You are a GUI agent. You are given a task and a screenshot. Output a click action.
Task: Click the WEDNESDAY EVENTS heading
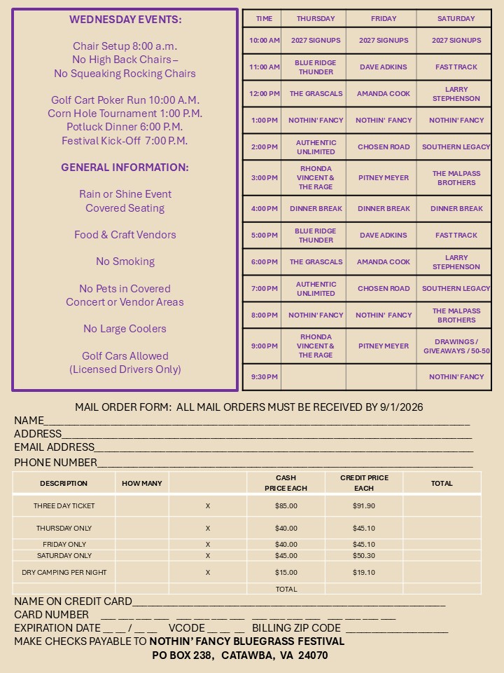pyautogui.click(x=125, y=20)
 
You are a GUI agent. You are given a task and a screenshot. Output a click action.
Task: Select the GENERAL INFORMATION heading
pyautogui.click(x=125, y=168)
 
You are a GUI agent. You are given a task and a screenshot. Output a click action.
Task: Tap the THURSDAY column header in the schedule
pyautogui.click(x=316, y=19)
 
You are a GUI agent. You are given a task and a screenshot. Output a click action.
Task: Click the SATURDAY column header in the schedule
pyautogui.click(x=456, y=19)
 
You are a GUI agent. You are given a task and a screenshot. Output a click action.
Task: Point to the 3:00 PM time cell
pyautogui.click(x=265, y=178)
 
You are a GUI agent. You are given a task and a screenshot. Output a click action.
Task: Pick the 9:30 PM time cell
pyautogui.click(x=265, y=377)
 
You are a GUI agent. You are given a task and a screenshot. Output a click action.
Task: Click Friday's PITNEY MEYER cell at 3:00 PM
pyautogui.click(x=384, y=178)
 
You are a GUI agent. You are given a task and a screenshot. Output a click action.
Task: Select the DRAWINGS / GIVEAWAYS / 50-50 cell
pyautogui.click(x=456, y=346)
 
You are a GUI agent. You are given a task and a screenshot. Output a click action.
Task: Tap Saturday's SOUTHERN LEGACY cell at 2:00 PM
pyautogui.click(x=456, y=147)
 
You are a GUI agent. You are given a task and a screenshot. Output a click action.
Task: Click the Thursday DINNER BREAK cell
pyautogui.click(x=316, y=209)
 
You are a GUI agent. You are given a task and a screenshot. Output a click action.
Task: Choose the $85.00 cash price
pyautogui.click(x=286, y=506)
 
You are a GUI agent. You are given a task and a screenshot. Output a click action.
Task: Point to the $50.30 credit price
pyautogui.click(x=364, y=556)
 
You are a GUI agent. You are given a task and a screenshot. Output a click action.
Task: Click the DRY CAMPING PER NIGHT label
pyautogui.click(x=64, y=573)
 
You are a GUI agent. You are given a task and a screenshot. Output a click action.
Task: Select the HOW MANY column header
pyautogui.click(x=142, y=484)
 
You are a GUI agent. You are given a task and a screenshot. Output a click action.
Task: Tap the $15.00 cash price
pyautogui.click(x=286, y=573)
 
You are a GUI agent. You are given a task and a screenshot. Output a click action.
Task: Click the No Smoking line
pyautogui.click(x=125, y=261)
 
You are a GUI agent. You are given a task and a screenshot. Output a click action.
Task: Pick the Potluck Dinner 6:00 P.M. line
pyautogui.click(x=125, y=127)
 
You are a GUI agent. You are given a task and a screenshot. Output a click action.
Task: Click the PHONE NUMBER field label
pyautogui.click(x=56, y=463)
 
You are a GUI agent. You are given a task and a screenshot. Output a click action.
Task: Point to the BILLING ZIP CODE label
pyautogui.click(x=296, y=628)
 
